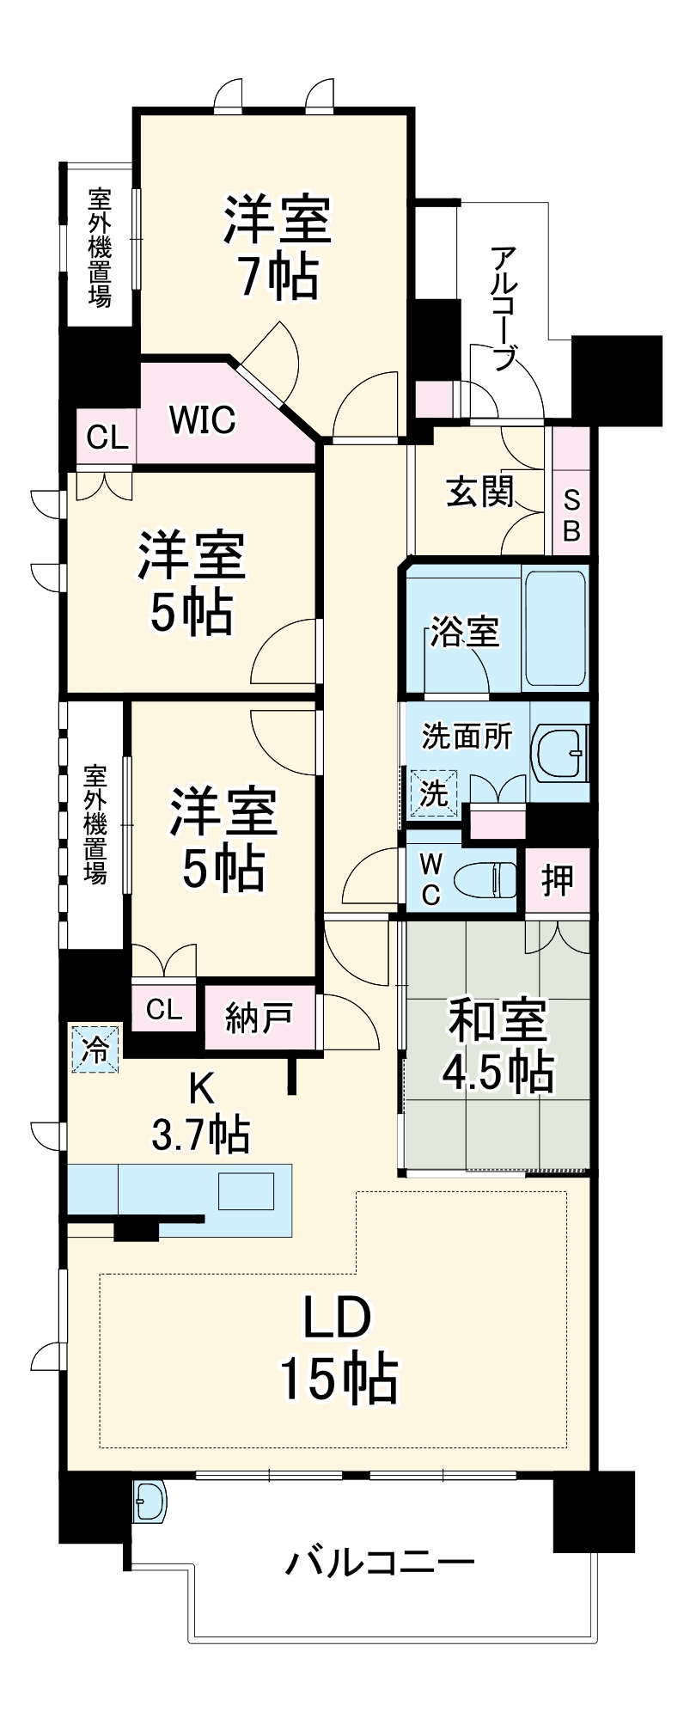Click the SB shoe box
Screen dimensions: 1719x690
pyautogui.click(x=571, y=515)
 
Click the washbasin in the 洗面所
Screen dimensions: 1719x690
pyautogui.click(x=559, y=752)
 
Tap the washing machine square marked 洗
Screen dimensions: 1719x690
pyautogui.click(x=434, y=792)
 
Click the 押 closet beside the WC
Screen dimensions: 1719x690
pyautogui.click(x=558, y=879)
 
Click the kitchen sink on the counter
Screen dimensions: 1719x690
pyautogui.click(x=247, y=1192)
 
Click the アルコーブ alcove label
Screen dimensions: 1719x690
pyautogui.click(x=506, y=309)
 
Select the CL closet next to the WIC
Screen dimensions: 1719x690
pyautogui.click(x=108, y=438)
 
